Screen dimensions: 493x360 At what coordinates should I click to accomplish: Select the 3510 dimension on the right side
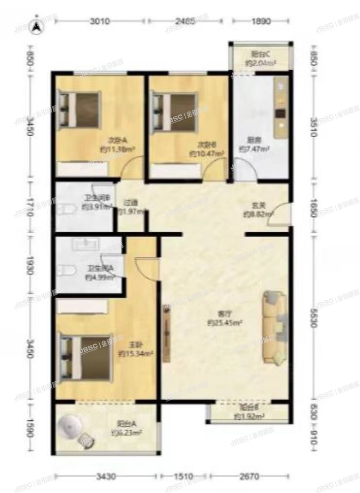[313, 128]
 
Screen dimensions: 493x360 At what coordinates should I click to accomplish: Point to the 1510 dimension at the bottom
[183, 476]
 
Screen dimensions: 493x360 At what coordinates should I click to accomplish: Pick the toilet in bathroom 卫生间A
[65, 270]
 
